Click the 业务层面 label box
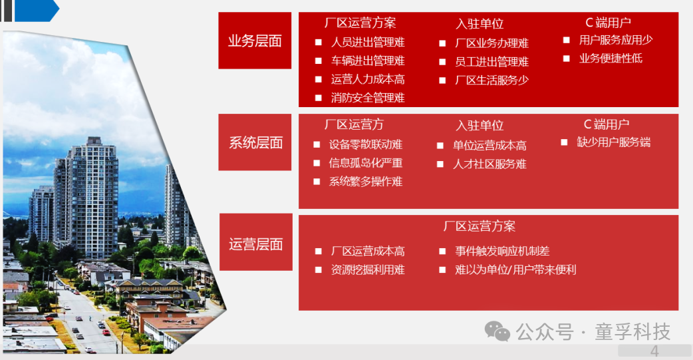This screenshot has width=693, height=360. coord(255,41)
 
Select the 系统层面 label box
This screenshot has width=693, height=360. coord(255,142)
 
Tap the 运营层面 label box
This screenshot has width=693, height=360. coord(256,242)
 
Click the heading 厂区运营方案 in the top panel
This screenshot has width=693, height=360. coord(360,23)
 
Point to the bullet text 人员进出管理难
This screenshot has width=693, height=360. coord(368,43)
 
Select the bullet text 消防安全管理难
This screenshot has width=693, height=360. coord(368,98)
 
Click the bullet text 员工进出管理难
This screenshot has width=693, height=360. coord(492,62)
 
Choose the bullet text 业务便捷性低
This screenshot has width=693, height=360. coord(611,59)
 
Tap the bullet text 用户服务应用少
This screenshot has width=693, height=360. coord(616,40)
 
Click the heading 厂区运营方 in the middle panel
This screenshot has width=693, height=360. coord(354,124)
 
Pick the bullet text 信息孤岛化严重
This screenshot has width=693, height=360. coord(366,163)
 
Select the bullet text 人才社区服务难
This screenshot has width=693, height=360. coord(489,164)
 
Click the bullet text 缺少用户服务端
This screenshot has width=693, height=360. coord(613,142)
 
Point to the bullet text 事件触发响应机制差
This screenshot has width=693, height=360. coord(502,252)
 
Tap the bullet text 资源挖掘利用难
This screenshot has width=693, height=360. coord(368,270)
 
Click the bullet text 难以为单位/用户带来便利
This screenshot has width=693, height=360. coord(515,270)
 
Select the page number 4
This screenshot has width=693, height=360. coord(654,351)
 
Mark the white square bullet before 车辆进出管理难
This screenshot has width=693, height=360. coord(318,61)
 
